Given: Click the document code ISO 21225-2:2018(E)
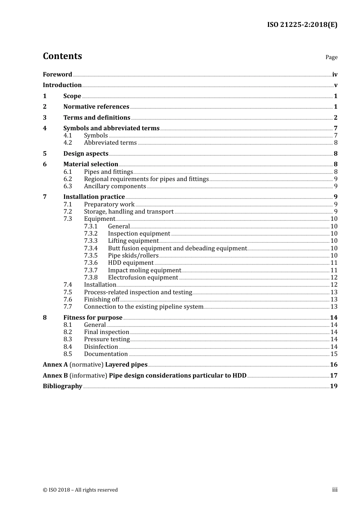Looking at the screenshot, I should pos(302,25).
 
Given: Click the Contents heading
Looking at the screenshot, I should pos(62,56).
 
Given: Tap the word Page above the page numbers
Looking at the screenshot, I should pos(331,57).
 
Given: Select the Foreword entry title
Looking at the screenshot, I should pos(57,74).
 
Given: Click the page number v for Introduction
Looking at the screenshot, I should pos(335,85).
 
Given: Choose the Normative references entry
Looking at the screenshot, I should pos(96,107).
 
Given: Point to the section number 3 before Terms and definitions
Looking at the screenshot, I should pos(45,118).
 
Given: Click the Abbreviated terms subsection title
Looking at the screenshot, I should pos(110,143).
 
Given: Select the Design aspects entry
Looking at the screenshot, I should pos(86,153).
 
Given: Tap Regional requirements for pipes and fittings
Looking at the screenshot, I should pos(146,179).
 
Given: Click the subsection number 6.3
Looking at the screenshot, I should pos(67,186).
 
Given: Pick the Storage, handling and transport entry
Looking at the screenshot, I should pos(129,212).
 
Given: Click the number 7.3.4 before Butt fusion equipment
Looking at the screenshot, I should pos(91,248).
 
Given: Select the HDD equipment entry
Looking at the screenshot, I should pos(131,263).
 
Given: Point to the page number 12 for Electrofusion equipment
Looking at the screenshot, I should pos(334,278).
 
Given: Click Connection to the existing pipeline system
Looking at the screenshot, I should pos(144,307).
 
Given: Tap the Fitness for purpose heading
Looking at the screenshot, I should pos(93,318).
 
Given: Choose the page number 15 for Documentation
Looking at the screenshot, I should pos(334,354).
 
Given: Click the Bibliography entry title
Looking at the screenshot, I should pos(63,386).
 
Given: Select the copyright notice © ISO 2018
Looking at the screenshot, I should pos(80,490).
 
